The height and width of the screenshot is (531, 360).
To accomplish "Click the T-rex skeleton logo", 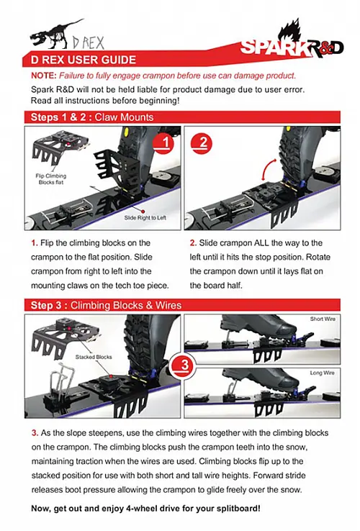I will pyautogui.click(x=55, y=33).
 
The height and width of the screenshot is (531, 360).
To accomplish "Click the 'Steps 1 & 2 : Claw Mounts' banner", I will pyautogui.click(x=91, y=117).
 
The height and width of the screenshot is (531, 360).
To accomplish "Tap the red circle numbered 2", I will pyautogui.click(x=203, y=142).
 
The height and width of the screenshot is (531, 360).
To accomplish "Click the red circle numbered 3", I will pyautogui.click(x=184, y=365).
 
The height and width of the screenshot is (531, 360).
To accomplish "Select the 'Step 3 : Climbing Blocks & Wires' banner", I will pyautogui.click(x=104, y=305).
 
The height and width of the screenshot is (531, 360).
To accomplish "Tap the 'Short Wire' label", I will pyautogui.click(x=321, y=319).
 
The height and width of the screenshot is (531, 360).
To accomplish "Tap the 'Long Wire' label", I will pyautogui.click(x=321, y=373).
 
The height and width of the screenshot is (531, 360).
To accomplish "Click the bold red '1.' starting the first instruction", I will pyautogui.click(x=35, y=242).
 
